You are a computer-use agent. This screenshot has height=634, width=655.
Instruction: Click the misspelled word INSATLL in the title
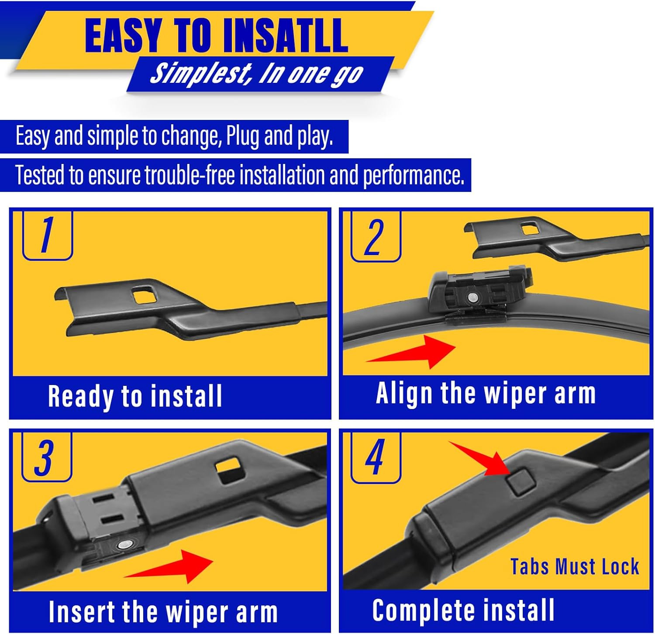(x=286, y=36)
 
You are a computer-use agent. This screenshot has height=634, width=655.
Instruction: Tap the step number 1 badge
(x=47, y=235)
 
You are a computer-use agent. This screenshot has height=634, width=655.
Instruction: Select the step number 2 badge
(x=376, y=237)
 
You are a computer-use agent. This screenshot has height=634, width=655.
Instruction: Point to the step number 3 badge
(x=46, y=457)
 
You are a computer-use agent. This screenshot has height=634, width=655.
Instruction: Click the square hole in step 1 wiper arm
(x=145, y=294)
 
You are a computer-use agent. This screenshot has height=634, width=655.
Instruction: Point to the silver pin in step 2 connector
(x=472, y=297)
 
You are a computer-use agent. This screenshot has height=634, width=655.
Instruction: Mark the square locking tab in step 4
(x=521, y=481)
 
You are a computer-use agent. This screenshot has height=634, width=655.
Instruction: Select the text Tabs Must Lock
(x=575, y=567)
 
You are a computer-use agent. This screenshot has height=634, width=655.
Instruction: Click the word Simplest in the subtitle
(x=201, y=73)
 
